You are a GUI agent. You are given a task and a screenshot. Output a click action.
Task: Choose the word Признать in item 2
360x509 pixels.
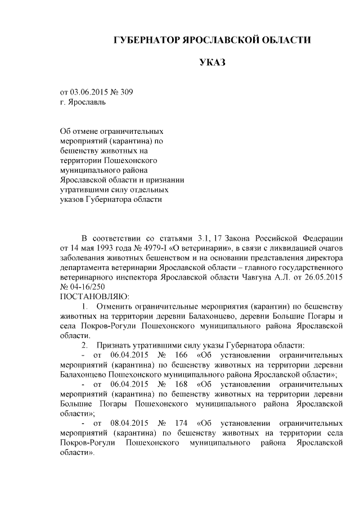coord(115,345)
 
